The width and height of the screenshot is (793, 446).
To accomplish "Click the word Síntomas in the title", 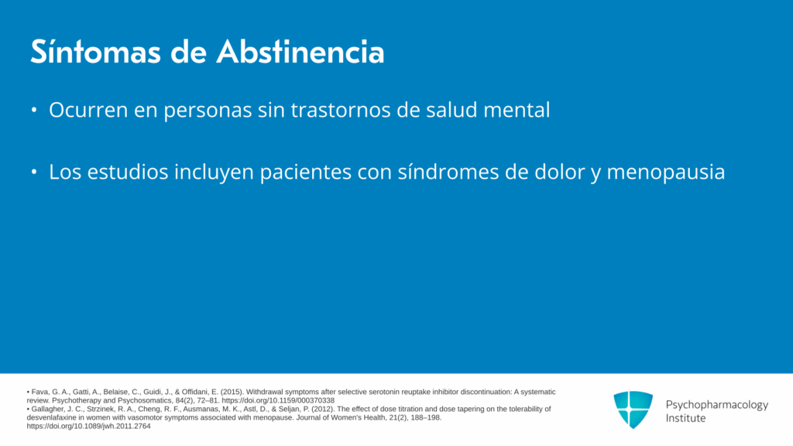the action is pyautogui.click(x=95, y=52).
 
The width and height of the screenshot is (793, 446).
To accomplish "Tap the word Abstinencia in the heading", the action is pyautogui.click(x=300, y=52).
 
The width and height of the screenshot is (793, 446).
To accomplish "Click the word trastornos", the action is pyautogui.click(x=341, y=110).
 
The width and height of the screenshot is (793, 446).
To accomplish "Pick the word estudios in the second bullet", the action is pyautogui.click(x=128, y=172).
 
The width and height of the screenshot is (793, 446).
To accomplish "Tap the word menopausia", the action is pyautogui.click(x=665, y=173).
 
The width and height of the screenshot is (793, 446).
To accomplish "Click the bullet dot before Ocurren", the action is pyautogui.click(x=34, y=110).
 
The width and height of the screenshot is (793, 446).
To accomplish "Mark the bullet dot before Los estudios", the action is pyautogui.click(x=34, y=172).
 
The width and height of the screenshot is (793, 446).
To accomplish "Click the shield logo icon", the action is pyautogui.click(x=633, y=410).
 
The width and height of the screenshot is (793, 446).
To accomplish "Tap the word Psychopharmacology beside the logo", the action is pyautogui.click(x=716, y=405).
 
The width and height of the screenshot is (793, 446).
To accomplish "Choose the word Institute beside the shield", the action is pyautogui.click(x=685, y=418).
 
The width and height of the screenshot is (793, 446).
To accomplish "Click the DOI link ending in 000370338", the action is pyautogui.click(x=278, y=400).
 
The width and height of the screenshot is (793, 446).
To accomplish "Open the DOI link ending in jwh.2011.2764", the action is pyautogui.click(x=88, y=427).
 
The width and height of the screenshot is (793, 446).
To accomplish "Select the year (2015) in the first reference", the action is pyautogui.click(x=232, y=392).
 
